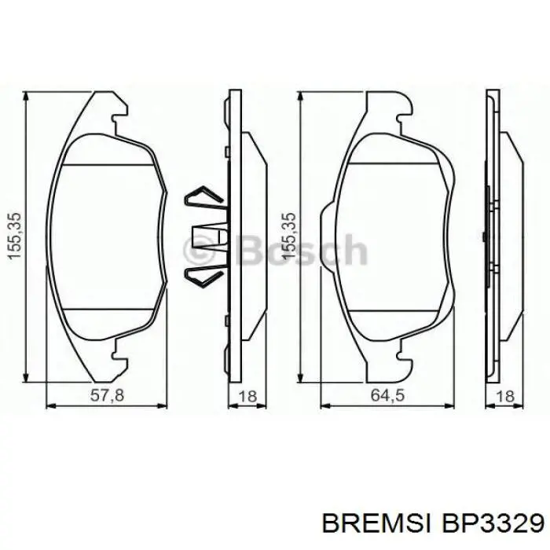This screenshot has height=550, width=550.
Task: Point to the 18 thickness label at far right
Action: pos(505,397)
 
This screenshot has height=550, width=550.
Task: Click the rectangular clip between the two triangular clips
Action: pos(206,237)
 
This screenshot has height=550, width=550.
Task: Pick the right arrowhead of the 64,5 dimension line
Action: pos(453,407)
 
